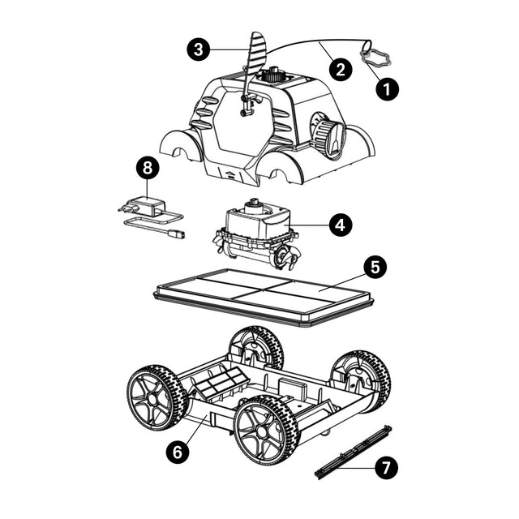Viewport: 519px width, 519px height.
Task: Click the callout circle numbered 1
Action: tap(387, 88)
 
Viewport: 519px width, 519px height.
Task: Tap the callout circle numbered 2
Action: tap(341, 70)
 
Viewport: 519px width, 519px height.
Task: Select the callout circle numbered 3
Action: tap(198, 49)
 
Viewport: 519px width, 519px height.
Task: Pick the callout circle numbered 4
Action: tap(341, 225)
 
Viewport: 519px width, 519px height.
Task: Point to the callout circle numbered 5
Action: tap(375, 267)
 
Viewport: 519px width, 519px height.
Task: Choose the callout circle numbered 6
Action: tap(178, 452)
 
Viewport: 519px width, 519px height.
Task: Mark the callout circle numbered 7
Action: tap(386, 468)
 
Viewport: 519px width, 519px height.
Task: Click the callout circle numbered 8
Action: tap(148, 168)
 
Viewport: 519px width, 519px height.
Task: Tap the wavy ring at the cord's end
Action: tap(376, 56)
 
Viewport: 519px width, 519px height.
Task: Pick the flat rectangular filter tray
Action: tap(264, 295)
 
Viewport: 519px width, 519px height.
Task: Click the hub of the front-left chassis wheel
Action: tap(153, 398)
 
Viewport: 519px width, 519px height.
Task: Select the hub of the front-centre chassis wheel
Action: tap(261, 431)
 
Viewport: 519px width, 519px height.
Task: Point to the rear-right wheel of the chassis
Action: tap(361, 381)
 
